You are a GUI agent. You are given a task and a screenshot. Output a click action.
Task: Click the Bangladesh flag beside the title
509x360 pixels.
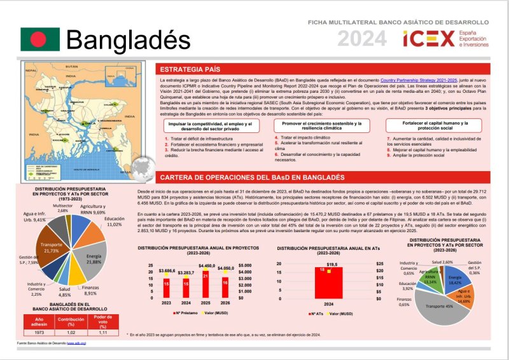39,39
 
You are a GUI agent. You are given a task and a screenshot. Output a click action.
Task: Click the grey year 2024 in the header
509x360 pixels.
361,39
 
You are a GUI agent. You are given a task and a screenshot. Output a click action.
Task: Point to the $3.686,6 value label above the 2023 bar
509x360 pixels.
167,272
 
